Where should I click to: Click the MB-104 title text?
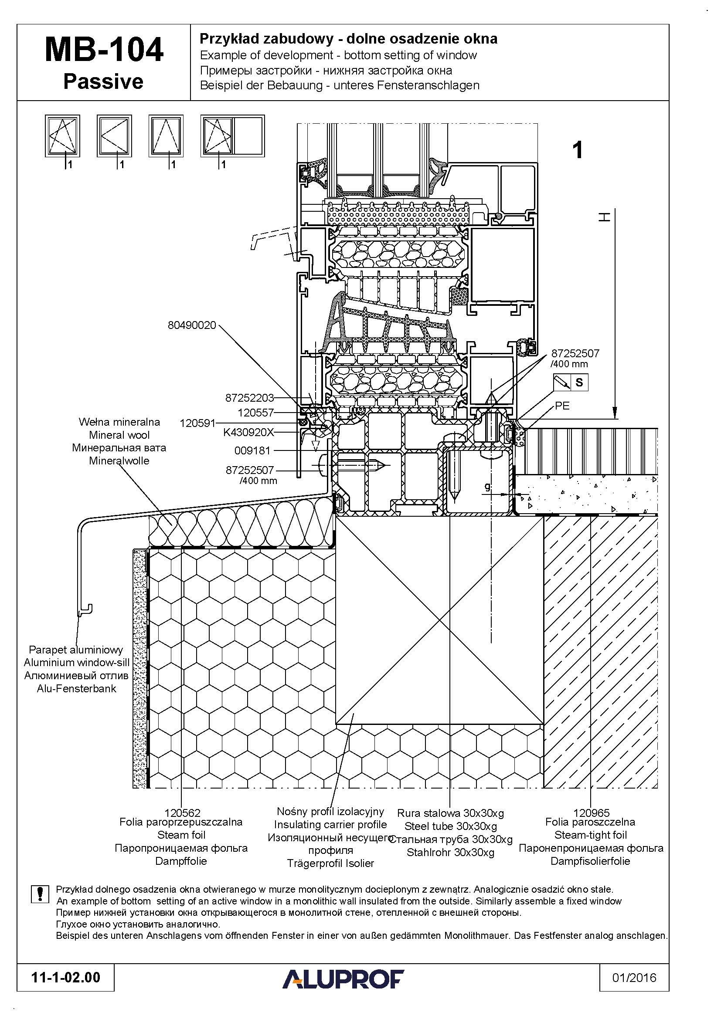pyautogui.click(x=104, y=50)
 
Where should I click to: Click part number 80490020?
pyautogui.click(x=192, y=325)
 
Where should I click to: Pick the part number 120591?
pyautogui.click(x=197, y=423)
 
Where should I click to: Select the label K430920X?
pyautogui.click(x=248, y=432)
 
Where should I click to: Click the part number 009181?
pyautogui.click(x=252, y=451)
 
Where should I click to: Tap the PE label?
pyautogui.click(x=562, y=406)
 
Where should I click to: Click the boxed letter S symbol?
pyautogui.click(x=579, y=382)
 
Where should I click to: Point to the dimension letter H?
pyautogui.click(x=604, y=217)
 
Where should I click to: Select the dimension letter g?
pyautogui.click(x=487, y=487)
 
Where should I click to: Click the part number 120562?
pyautogui.click(x=183, y=813)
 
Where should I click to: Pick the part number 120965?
pyautogui.click(x=592, y=813)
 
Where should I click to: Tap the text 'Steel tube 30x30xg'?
pyautogui.click(x=451, y=826)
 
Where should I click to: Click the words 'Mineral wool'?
pyautogui.click(x=119, y=435)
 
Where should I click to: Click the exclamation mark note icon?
pyautogui.click(x=40, y=894)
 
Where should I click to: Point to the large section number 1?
pyautogui.click(x=578, y=150)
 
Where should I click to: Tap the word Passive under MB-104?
pyautogui.click(x=103, y=81)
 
